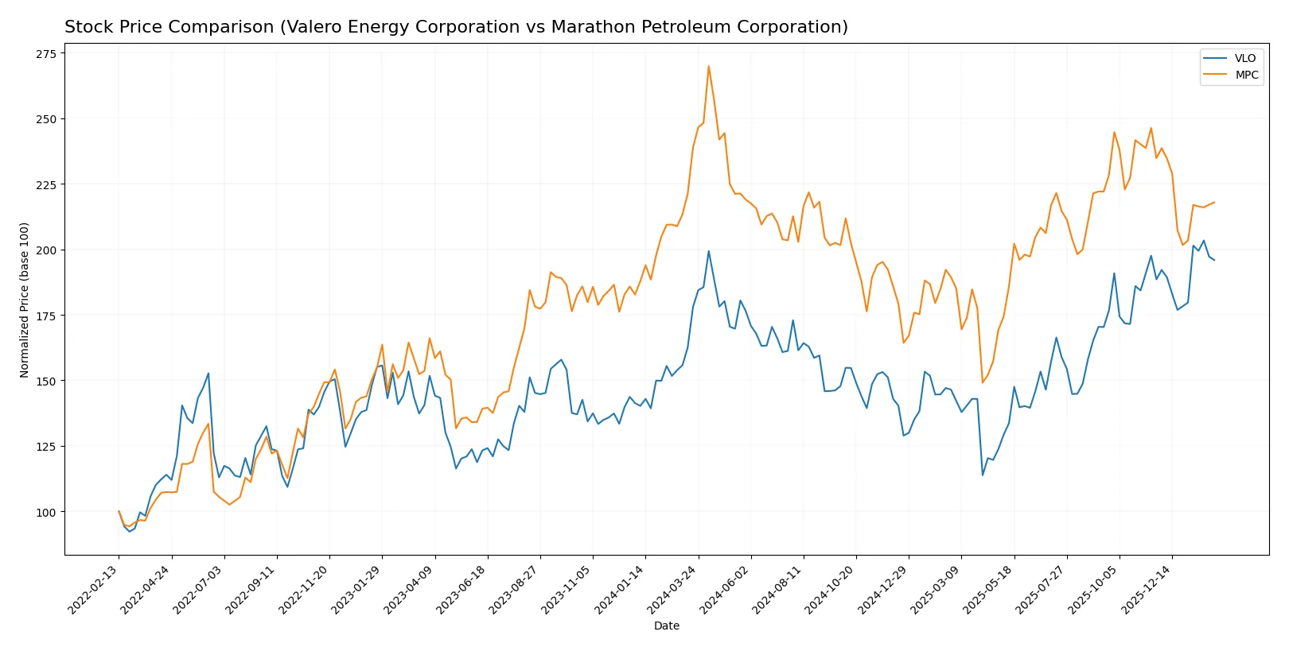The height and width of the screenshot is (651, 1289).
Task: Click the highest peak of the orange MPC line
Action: (708, 66)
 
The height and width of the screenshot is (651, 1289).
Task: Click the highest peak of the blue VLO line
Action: (708, 251)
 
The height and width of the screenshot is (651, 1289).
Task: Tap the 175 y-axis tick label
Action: (45, 316)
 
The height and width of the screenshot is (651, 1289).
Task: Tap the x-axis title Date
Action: (666, 626)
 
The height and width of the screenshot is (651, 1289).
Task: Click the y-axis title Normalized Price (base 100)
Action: (24, 300)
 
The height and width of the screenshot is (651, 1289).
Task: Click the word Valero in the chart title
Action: (310, 27)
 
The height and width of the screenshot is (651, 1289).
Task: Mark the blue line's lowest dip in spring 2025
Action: (983, 475)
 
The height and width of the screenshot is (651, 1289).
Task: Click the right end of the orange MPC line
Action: (1214, 202)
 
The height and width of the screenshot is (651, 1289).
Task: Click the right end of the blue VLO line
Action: (1214, 260)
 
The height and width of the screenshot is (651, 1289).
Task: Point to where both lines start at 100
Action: (119, 511)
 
